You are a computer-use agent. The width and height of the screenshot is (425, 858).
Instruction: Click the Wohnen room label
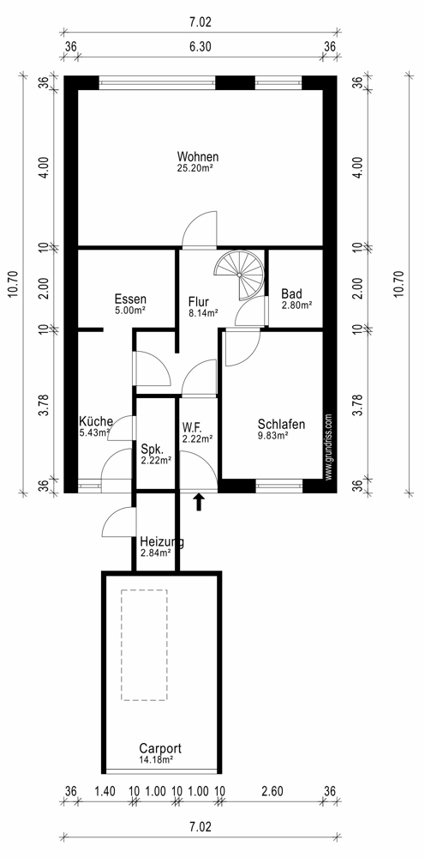[198, 156]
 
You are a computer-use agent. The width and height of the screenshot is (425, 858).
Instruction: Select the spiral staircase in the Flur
[241, 275]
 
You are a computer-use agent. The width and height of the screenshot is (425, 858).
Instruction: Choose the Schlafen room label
[281, 425]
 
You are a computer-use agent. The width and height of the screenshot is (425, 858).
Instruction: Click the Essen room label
[130, 299]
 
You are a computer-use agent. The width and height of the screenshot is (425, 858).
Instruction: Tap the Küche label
[96, 422]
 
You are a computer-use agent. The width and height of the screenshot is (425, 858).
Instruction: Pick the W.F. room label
[194, 426]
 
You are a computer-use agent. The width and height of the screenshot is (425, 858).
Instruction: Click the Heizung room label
[162, 542]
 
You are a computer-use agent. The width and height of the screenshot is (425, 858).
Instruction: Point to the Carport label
[160, 748]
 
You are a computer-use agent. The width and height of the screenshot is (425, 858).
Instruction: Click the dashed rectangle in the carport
[144, 645]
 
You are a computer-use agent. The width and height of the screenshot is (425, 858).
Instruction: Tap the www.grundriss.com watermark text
[328, 447]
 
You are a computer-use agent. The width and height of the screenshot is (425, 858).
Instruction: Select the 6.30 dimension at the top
[200, 47]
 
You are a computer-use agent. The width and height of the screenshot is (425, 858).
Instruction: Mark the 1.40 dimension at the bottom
[105, 791]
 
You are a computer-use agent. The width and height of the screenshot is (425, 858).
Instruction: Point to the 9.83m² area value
[273, 436]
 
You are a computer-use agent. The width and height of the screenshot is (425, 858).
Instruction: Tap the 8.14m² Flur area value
[203, 313]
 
